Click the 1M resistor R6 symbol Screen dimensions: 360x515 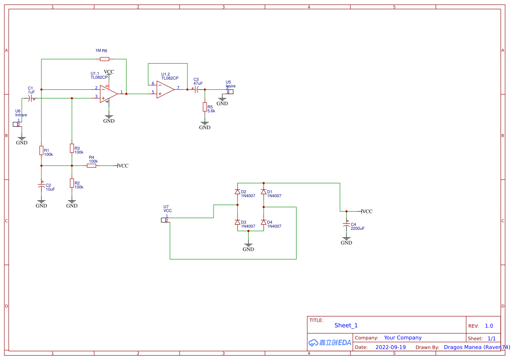coord(105,59)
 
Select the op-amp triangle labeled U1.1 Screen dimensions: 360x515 coord(108,93)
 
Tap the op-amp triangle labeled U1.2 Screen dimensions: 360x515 coord(165,89)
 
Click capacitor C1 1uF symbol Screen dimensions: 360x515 coord(30,99)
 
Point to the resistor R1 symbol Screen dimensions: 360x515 coord(41,150)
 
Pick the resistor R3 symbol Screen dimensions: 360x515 coord(72,148)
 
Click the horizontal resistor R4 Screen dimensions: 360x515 coord(91,165)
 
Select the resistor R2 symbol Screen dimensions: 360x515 coord(72,183)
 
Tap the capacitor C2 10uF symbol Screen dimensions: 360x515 coord(42,186)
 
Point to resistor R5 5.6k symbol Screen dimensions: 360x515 coord(205,107)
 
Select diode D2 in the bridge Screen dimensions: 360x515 coord(237,192)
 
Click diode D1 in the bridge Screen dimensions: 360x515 coord(263,192)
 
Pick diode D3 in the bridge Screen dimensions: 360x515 coord(237,222)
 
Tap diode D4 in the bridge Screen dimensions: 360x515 coord(263,222)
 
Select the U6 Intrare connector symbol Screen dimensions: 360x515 coord(17,124)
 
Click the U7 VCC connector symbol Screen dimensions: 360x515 coord(164,220)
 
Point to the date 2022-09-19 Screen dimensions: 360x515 coord(390,347)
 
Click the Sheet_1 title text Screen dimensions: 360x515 coord(346,325)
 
